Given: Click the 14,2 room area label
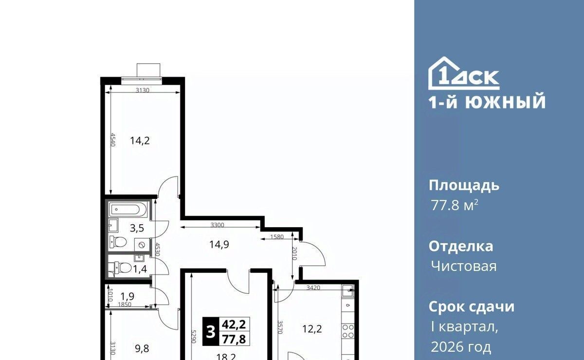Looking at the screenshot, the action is (x=140, y=141).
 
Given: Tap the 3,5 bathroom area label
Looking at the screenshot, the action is (x=137, y=228).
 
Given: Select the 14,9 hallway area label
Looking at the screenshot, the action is (x=219, y=245).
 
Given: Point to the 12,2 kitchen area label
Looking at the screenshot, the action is (x=312, y=329).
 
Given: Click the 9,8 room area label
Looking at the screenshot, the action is (x=142, y=348).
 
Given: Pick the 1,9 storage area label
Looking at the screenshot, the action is (x=127, y=296).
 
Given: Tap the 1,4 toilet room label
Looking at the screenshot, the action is (x=140, y=269).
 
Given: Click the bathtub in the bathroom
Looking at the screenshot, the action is (x=128, y=209).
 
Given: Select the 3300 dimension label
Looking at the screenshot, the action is (x=217, y=225).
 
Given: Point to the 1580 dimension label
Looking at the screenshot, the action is (x=277, y=237).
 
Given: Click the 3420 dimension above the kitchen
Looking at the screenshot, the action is (x=313, y=288).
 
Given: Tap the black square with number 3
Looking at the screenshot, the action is (x=211, y=332).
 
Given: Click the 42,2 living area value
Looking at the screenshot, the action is (x=234, y=324).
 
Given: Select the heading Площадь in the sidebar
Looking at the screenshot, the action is (x=464, y=186).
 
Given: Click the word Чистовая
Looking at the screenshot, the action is (x=464, y=267).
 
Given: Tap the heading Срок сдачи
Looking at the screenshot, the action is (x=472, y=307).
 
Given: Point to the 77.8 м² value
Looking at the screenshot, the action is (x=455, y=205).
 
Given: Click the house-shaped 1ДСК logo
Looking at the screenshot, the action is (x=464, y=73).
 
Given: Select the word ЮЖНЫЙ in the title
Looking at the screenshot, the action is (x=506, y=102).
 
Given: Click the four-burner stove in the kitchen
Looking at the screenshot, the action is (x=348, y=331).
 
